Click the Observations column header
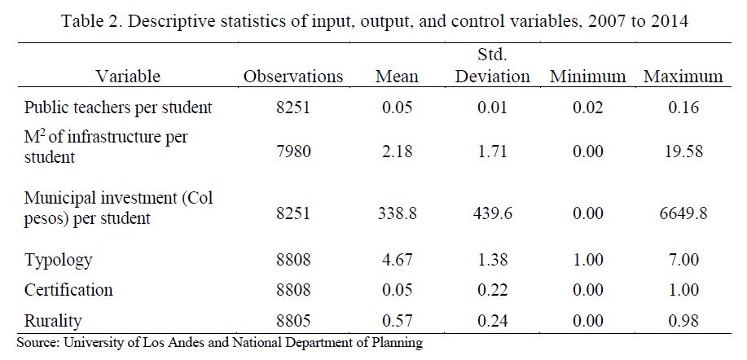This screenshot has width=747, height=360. tap(293, 77)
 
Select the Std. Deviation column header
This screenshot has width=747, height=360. tap(493, 66)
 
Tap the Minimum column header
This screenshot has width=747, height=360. tap(587, 77)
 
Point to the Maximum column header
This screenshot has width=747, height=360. tap(683, 77)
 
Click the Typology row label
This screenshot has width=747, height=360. tap(58, 261)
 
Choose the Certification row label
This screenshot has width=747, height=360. tap(68, 289)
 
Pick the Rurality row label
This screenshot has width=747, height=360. tap(52, 321)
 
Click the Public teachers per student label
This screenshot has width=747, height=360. tap(117, 108)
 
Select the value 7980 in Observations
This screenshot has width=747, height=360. tap(293, 151)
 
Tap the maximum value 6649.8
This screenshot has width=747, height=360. tap(683, 213)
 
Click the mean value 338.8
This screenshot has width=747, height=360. tap(397, 213)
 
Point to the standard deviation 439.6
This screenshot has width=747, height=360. tap(493, 213)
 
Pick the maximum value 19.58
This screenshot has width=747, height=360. tap(683, 151)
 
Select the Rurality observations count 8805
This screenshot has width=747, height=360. tap(293, 321)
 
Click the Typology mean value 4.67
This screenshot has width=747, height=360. tap(397, 260)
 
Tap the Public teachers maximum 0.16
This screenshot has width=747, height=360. tap(683, 108)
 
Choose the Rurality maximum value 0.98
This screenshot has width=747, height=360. tap(683, 321)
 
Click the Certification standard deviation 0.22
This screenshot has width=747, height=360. tap(493, 289)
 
